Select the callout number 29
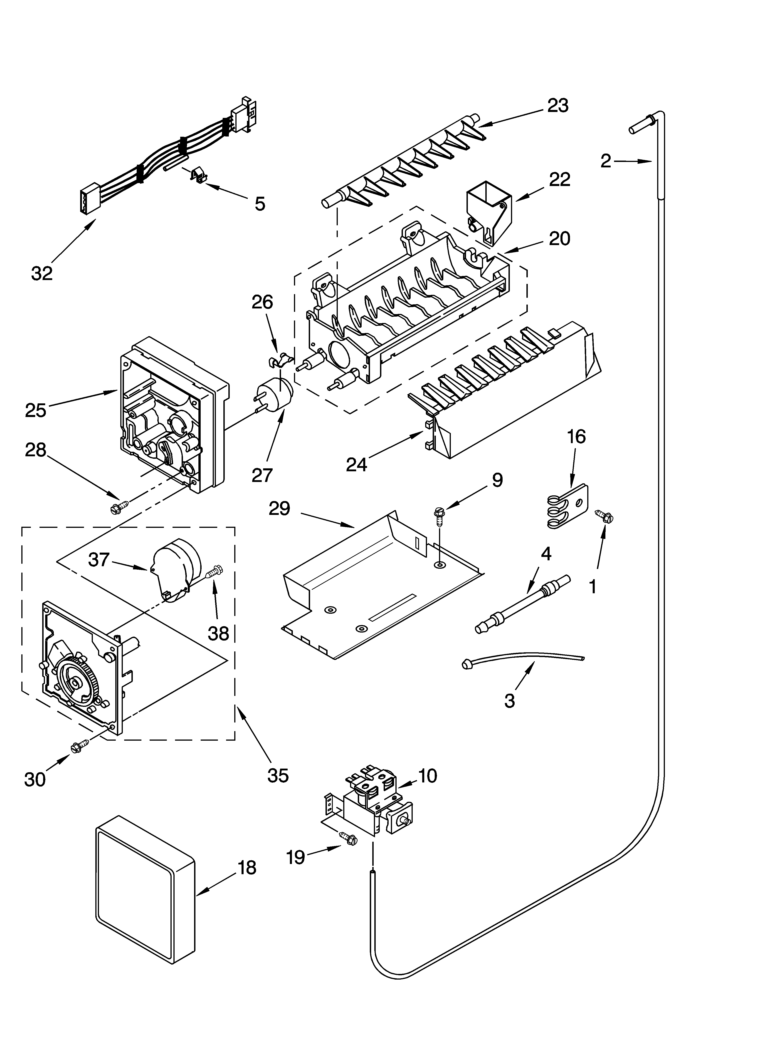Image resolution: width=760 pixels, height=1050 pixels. click(280, 508)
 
